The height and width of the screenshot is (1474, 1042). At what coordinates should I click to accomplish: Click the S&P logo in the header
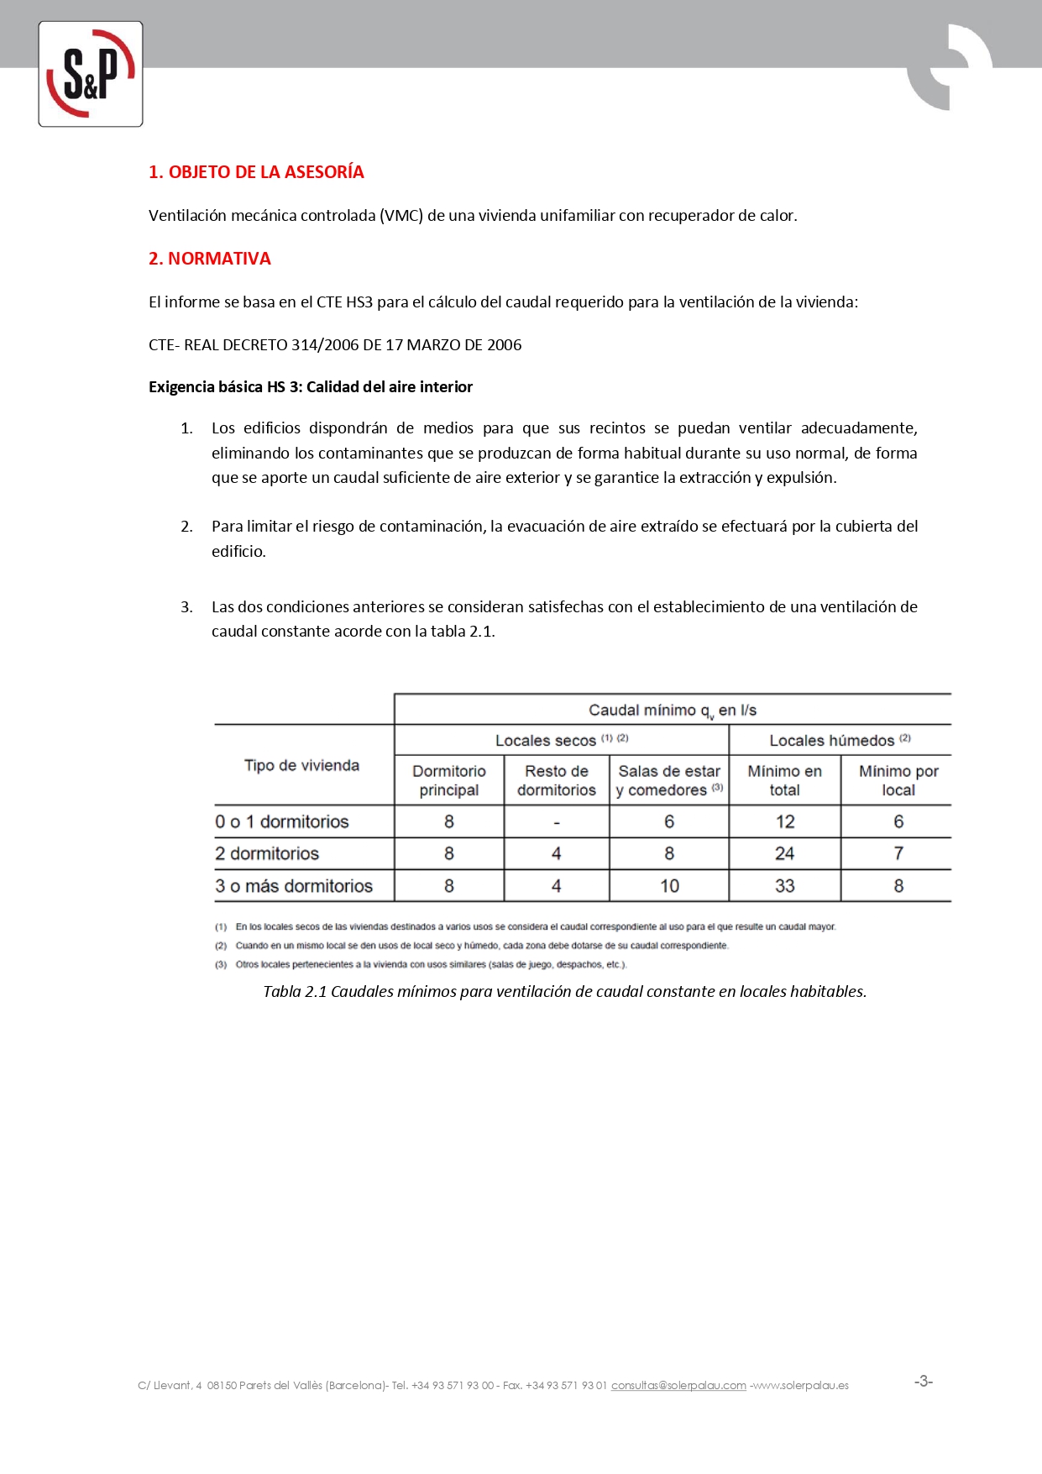pyautogui.click(x=91, y=74)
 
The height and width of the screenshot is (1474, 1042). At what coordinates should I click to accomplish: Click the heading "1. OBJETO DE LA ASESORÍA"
pyautogui.click(x=256, y=172)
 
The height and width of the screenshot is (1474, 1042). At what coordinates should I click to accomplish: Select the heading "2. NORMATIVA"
pyautogui.click(x=209, y=259)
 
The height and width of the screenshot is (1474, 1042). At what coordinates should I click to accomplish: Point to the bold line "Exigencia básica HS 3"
pyautogui.click(x=310, y=387)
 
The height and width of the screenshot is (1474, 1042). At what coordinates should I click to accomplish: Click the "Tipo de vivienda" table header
pyautogui.click(x=301, y=765)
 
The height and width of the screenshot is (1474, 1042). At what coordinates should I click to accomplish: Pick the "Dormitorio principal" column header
pyautogui.click(x=449, y=780)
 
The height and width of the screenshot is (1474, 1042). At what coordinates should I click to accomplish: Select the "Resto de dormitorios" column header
pyautogui.click(x=557, y=780)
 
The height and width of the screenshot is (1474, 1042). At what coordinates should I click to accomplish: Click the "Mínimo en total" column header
pyautogui.click(x=784, y=780)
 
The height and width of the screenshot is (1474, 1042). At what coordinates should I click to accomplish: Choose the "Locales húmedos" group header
pyautogui.click(x=839, y=740)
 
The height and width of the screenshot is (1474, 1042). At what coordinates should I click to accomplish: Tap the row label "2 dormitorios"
pyautogui.click(x=267, y=853)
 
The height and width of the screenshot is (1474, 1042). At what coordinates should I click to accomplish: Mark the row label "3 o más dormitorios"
pyautogui.click(x=294, y=886)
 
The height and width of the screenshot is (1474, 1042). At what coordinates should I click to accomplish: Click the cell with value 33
pyautogui.click(x=784, y=886)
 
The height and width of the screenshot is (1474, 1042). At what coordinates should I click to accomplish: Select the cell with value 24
pyautogui.click(x=784, y=853)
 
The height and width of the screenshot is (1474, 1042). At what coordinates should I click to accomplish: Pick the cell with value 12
pyautogui.click(x=784, y=821)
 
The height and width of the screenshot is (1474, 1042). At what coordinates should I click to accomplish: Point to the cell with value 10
pyautogui.click(x=669, y=886)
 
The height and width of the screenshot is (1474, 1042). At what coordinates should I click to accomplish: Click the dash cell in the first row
pyautogui.click(x=557, y=822)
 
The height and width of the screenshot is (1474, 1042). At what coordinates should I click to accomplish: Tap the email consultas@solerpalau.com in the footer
pyautogui.click(x=678, y=1385)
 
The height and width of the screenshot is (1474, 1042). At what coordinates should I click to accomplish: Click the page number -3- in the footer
pyautogui.click(x=923, y=1382)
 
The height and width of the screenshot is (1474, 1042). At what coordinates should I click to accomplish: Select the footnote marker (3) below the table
pyautogui.click(x=221, y=964)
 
